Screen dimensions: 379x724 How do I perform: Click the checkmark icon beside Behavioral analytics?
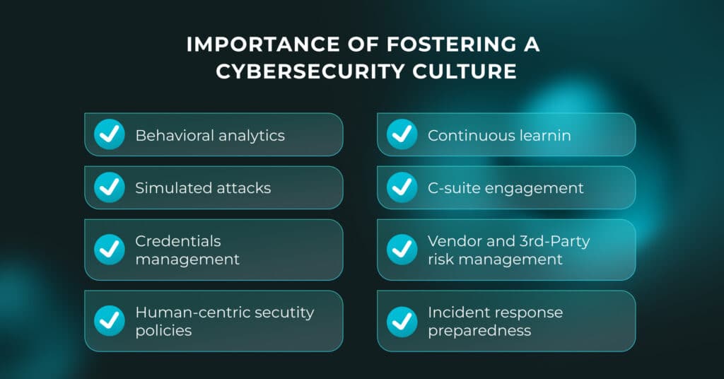[x=110, y=134]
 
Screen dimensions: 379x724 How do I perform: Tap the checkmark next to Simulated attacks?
[x=110, y=187]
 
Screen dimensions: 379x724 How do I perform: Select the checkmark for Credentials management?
[x=110, y=250]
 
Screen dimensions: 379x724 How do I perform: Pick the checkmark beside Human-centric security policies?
[x=110, y=320]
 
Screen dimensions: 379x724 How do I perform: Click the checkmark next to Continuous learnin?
[x=402, y=134]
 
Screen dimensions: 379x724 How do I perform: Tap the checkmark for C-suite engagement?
[x=402, y=187]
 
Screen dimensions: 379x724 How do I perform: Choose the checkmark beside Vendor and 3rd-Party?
[x=402, y=250]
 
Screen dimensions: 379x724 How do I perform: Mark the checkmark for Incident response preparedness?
[x=402, y=320]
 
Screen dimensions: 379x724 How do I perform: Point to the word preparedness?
[x=479, y=330]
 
